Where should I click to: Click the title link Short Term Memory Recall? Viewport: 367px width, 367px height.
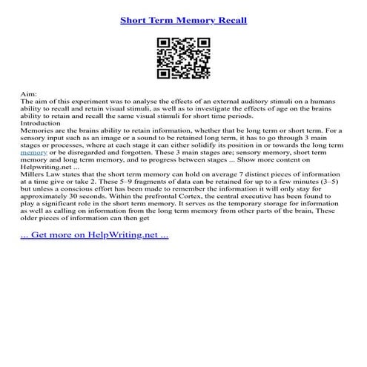183,18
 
